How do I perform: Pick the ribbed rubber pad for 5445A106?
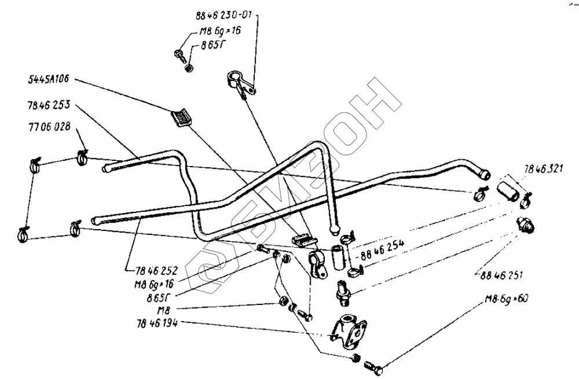click(x=181, y=117)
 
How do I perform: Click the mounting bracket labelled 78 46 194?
click(x=346, y=331)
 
